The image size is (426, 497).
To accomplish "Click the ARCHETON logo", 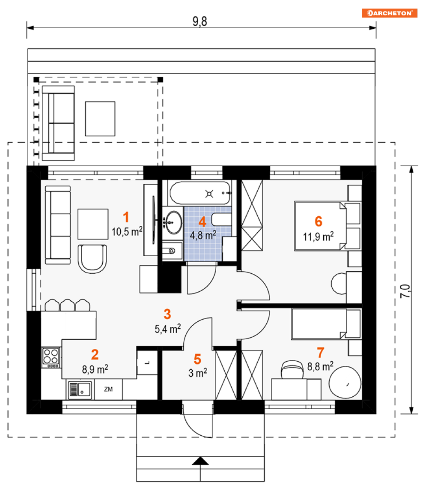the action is pos(390,13).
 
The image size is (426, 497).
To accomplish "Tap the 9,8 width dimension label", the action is pos(200,21).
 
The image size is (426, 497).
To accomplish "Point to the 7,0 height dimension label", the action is pos(406,291).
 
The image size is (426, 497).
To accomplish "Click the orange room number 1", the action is pos(126,217).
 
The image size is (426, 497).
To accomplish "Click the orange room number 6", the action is pos(318,221).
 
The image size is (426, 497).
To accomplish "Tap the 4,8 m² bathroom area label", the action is pos(203,235).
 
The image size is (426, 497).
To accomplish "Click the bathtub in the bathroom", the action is pos(200,193).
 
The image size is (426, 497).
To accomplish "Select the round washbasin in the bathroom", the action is pos(173,222).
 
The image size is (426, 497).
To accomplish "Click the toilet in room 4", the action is pos(221,219).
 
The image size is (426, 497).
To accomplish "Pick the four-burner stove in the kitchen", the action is pos(51,357).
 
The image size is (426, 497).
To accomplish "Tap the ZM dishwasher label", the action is pos(108,389).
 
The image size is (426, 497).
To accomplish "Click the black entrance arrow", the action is pos(200,461).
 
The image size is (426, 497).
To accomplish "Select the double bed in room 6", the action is pos(327,226).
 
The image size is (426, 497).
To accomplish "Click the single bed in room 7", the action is pos(326,324).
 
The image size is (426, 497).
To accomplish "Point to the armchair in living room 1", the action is pos(92,259).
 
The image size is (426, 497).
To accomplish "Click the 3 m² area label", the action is pos(198,373).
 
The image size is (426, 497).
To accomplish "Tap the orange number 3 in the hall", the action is pos(167,314).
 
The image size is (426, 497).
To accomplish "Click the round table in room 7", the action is pos(345,382).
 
